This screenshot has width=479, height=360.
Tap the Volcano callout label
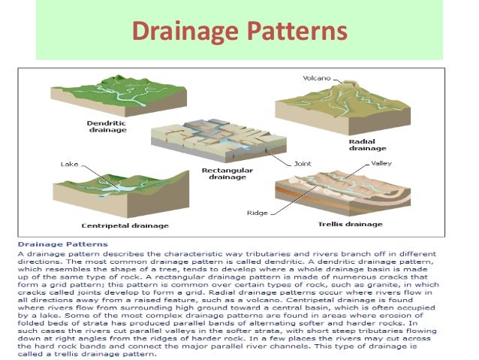(x=316, y=77)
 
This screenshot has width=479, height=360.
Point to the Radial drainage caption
(x=367, y=144)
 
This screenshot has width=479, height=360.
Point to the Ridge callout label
(x=257, y=213)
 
